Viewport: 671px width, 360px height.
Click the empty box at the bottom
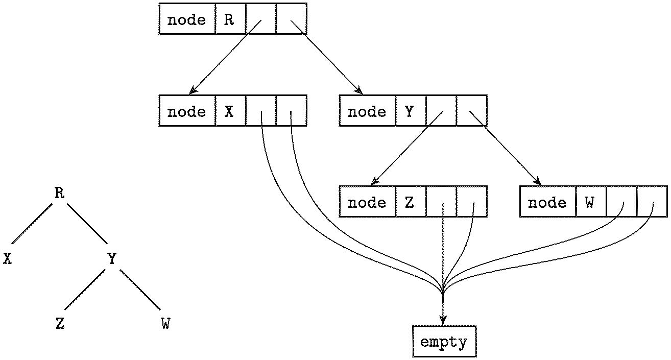[444, 342]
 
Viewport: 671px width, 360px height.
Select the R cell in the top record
[230, 19]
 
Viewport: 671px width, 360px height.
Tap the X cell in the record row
[230, 111]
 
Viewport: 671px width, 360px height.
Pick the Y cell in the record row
[410, 111]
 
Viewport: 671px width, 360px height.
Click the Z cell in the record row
[410, 202]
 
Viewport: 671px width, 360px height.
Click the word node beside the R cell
[187, 19]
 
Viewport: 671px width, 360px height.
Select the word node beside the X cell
[187, 111]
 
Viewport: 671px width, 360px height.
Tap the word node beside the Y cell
[367, 111]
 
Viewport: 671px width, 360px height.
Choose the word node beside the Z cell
[367, 202]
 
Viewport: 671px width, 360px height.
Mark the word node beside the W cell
[547, 202]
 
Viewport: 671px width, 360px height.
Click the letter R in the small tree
[59, 193]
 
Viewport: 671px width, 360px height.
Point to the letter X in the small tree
[7, 258]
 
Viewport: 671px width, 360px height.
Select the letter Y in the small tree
[112, 258]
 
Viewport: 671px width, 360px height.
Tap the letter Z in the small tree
[60, 324]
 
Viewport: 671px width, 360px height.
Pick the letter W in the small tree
[165, 324]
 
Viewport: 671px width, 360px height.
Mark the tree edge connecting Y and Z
[85, 292]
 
